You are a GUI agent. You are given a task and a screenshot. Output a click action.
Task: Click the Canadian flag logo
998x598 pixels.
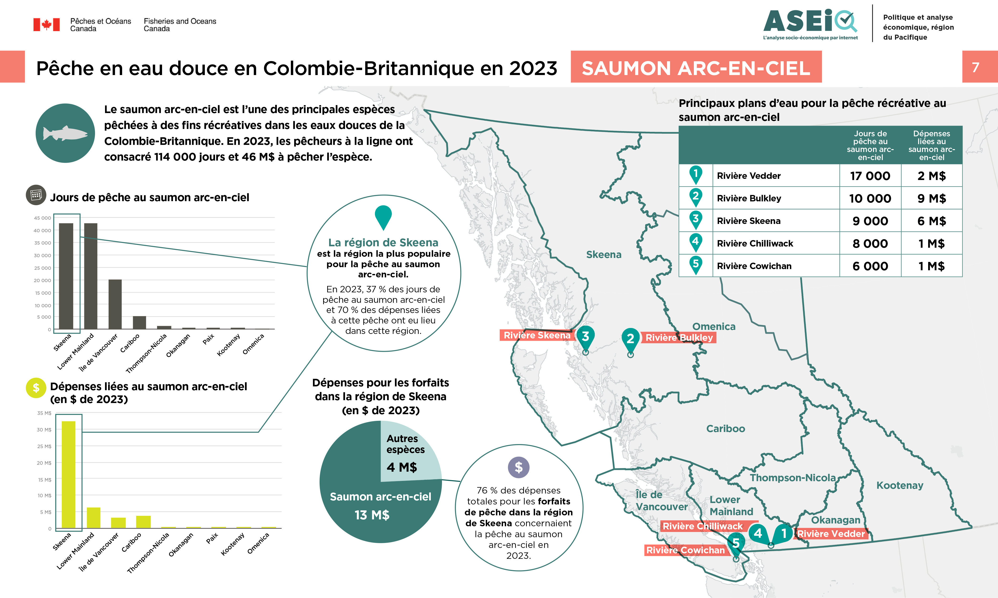(46, 25)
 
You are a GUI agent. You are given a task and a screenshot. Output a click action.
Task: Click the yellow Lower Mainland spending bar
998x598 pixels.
(94, 517)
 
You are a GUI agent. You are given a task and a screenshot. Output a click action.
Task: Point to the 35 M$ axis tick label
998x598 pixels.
(44, 413)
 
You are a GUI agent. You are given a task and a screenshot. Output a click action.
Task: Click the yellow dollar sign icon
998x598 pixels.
(36, 388)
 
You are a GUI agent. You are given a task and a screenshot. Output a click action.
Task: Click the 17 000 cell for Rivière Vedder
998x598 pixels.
(870, 176)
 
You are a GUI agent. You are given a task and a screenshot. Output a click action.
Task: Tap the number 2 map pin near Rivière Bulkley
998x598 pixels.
(630, 339)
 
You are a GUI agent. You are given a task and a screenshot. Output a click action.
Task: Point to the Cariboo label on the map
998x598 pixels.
(725, 428)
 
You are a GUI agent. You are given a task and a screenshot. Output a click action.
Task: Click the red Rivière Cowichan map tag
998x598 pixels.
(685, 550)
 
